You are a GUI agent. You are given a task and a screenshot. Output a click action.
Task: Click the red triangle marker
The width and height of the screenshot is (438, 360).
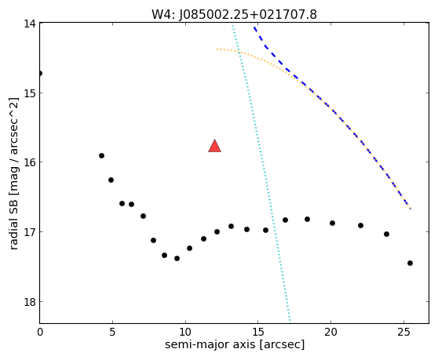point(214,146)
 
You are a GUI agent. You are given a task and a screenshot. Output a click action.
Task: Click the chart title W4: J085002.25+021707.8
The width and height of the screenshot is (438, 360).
point(234,14)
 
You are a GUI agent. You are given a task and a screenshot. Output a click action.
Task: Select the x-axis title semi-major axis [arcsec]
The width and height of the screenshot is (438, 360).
point(235,344)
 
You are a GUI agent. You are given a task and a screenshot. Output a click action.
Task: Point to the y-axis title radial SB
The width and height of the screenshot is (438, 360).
point(13,173)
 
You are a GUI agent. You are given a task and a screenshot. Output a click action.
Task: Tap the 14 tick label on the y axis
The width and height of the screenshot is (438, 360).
point(29,24)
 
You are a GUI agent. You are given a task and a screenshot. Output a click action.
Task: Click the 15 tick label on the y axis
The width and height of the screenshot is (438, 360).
point(29,93)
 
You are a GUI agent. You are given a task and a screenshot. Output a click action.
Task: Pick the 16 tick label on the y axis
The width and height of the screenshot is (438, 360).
point(29,162)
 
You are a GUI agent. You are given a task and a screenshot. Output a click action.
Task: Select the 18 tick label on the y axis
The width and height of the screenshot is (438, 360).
point(29,302)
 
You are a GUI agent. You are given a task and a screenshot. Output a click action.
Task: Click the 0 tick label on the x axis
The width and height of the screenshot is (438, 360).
point(40,332)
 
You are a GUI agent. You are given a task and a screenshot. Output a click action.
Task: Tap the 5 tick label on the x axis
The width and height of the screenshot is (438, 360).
point(112,332)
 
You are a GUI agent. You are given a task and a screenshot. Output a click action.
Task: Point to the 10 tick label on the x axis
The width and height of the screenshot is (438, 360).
point(185,332)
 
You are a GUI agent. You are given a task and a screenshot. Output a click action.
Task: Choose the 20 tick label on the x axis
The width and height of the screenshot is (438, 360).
point(330,332)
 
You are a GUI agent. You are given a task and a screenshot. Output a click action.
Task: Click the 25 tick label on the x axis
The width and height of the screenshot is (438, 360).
point(403,332)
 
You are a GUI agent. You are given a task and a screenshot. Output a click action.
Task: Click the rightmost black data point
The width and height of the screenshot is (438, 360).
point(410,264)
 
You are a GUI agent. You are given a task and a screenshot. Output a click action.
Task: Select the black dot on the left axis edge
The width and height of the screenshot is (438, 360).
point(40,74)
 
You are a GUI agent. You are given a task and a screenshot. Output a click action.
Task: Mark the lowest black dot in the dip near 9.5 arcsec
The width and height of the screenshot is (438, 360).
point(177,258)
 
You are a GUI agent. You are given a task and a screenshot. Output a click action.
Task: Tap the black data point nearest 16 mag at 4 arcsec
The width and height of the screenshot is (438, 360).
point(102,156)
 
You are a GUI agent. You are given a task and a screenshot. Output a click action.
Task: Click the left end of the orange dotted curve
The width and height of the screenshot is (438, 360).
point(217,49)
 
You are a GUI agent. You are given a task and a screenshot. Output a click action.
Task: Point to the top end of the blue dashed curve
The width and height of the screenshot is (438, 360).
point(254,27)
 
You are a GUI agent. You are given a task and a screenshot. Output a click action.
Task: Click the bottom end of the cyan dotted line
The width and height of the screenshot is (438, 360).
point(290,320)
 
